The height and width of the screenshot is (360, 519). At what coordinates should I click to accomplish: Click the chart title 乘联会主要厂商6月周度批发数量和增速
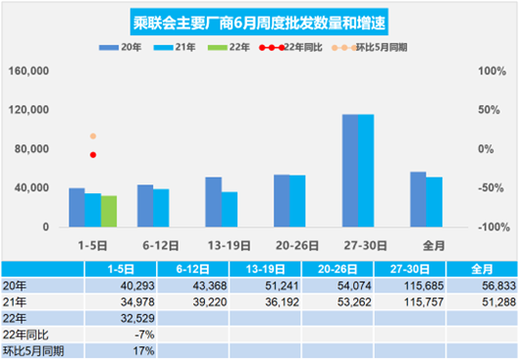click(259, 22)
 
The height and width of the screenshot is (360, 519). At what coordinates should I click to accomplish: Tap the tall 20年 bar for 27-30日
click(349, 171)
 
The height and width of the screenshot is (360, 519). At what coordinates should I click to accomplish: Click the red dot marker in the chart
click(93, 155)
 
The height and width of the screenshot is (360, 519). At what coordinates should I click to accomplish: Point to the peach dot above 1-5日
click(93, 136)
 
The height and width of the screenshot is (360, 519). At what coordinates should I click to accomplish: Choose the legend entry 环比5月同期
click(373, 46)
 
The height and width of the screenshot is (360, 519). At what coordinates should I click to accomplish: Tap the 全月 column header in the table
click(482, 267)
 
